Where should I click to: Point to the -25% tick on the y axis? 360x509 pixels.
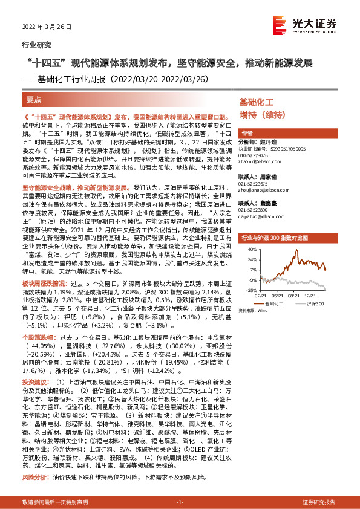coord(244,290)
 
